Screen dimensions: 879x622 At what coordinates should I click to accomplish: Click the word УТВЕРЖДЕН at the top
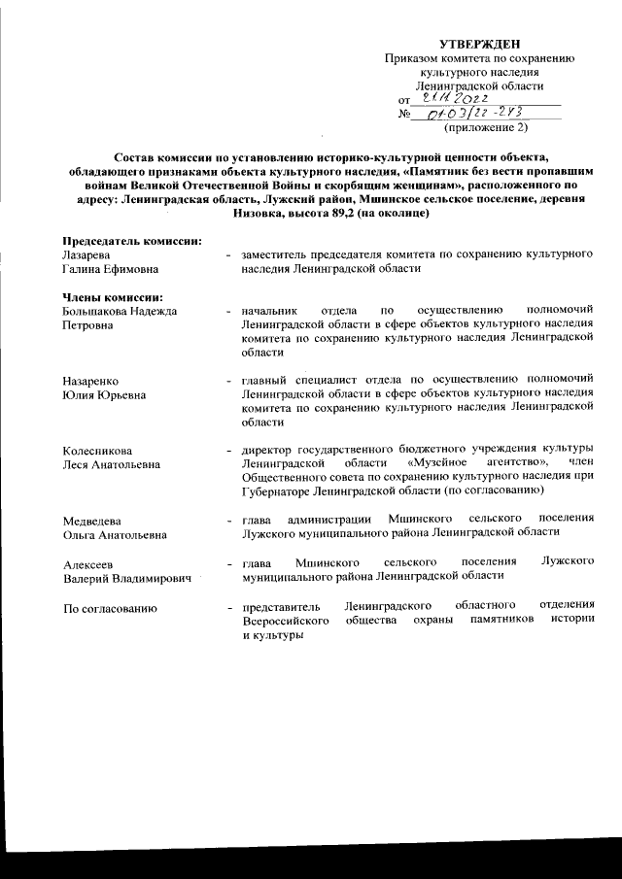click(x=480, y=43)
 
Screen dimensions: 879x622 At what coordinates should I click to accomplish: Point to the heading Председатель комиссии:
click(x=131, y=239)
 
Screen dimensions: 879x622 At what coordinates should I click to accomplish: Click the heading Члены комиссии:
click(x=111, y=296)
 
